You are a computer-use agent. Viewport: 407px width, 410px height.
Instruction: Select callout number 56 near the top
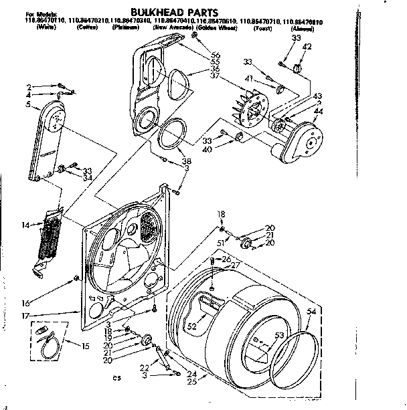click(x=216, y=55)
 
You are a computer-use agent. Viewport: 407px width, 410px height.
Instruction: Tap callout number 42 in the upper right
click(x=307, y=46)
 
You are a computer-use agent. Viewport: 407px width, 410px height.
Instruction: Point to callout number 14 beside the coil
click(x=26, y=225)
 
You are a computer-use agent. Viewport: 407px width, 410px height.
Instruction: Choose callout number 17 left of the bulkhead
click(x=25, y=316)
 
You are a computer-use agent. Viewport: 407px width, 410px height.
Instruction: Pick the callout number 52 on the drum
click(x=193, y=326)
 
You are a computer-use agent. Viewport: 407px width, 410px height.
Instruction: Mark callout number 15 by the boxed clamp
click(x=84, y=345)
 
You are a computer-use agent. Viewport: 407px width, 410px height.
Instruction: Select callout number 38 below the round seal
click(x=187, y=161)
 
